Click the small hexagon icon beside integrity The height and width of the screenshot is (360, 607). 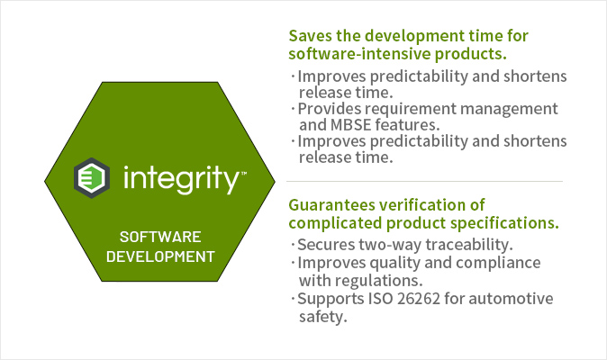coord(92,178)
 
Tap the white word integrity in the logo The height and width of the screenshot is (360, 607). coord(182,179)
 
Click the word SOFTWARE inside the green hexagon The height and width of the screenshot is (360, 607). coord(160,237)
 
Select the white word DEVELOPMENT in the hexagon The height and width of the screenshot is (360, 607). coord(160,256)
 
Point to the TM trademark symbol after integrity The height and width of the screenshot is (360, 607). coord(244,174)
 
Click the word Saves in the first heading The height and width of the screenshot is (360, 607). coord(311,36)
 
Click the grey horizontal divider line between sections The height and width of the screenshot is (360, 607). coord(424,181)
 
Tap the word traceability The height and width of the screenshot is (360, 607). coord(469,245)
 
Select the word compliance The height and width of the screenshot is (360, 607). coord(498,264)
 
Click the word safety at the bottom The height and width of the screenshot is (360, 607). coord(322,317)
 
